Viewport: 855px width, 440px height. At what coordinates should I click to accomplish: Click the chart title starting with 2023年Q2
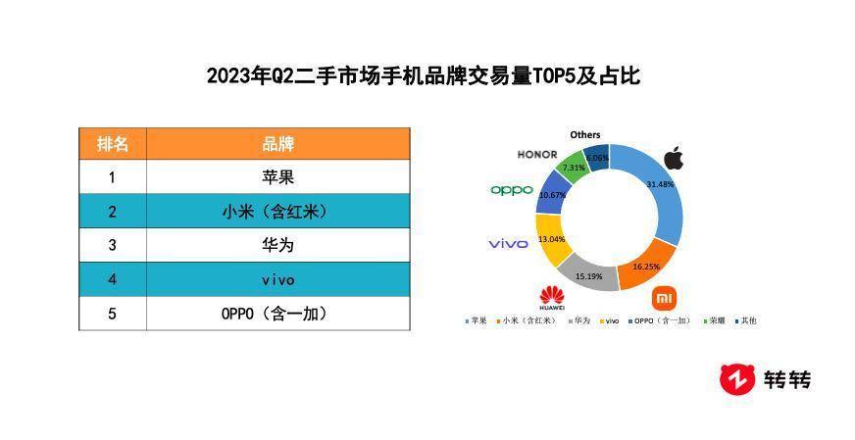[423, 75]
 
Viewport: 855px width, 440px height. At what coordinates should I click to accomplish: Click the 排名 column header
[113, 144]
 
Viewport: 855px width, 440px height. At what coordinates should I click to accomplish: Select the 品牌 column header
[278, 144]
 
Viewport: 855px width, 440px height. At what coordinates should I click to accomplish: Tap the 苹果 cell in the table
[278, 177]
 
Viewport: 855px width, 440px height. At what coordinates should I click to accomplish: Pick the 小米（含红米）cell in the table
[278, 212]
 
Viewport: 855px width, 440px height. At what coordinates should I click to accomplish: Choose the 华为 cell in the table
[278, 245]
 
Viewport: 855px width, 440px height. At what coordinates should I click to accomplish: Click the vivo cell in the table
[278, 279]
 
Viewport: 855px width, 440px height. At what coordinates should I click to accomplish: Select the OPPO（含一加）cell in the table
[278, 314]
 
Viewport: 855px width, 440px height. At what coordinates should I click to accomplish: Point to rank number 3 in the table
[113, 245]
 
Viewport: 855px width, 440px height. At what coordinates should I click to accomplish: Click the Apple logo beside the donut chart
[673, 158]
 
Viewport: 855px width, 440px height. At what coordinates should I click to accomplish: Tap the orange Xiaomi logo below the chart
[665, 298]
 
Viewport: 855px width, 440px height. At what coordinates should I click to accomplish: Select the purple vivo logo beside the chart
[508, 243]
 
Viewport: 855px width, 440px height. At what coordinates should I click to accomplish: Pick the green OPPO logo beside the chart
[512, 190]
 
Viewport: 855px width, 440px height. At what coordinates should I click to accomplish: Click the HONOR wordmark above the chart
[537, 155]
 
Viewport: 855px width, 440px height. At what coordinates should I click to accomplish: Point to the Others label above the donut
[585, 134]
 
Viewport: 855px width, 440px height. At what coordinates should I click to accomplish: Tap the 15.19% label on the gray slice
[589, 276]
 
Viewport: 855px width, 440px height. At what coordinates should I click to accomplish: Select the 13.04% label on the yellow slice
[552, 239]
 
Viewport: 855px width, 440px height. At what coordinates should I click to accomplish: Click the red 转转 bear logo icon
[737, 378]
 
